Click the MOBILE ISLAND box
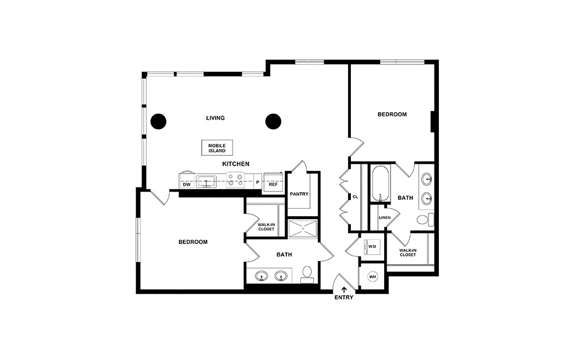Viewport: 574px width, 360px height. coord(217,148)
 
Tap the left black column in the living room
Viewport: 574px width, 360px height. coord(158,121)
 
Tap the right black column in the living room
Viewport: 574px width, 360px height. coord(273,121)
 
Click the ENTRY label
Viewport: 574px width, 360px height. coord(344,297)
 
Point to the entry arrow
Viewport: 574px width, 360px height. coord(344,289)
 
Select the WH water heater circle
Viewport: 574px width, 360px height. coord(372,277)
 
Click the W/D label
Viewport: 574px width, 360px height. coord(372,247)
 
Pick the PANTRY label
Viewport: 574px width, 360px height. coord(299,194)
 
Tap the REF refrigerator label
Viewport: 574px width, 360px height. coord(273,185)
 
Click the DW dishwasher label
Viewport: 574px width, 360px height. coord(186,185)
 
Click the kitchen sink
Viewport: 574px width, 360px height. coord(206,182)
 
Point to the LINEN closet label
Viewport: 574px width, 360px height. coord(385,218)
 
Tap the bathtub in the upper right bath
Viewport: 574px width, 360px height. coord(380,183)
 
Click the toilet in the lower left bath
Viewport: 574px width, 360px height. coord(307,274)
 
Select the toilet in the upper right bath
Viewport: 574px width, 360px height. coord(424,219)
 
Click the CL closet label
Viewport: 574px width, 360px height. coord(355,197)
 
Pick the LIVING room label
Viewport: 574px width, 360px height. coord(215,118)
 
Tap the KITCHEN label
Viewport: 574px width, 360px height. coord(236,164)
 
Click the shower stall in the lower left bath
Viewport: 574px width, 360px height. coord(302,228)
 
